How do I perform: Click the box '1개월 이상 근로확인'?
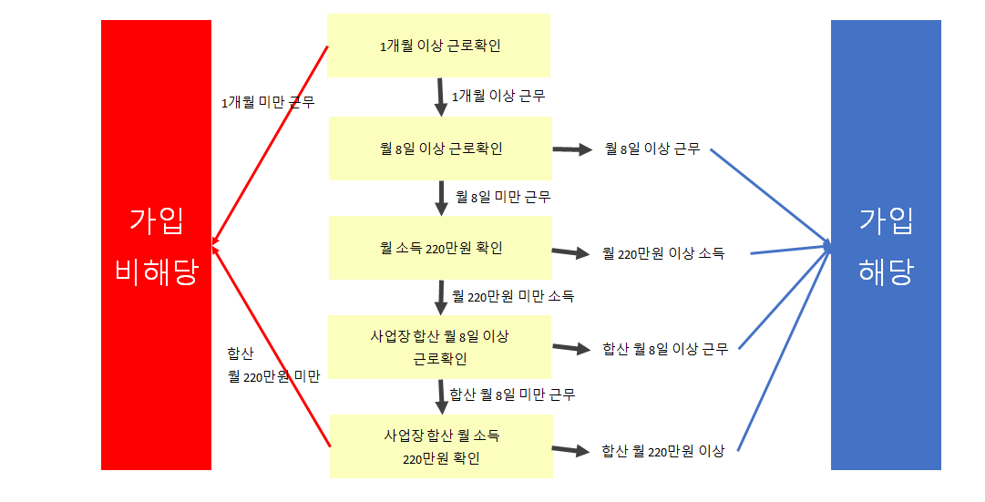coord(438,46)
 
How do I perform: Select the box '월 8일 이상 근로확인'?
coord(440,149)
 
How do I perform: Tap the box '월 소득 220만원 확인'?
coord(440,248)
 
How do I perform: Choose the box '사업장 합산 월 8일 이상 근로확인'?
coord(440,347)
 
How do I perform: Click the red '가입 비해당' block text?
coord(156,246)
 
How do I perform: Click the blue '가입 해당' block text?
coord(886,246)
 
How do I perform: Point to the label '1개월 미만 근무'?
coord(268,103)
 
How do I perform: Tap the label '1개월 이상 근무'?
coord(498,95)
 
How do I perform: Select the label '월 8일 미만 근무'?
coord(503,196)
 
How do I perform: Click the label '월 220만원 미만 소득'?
coord(514,296)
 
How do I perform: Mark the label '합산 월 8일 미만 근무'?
coord(513,394)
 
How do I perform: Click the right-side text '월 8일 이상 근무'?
coord(652,149)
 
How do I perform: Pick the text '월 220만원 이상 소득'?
coord(663,254)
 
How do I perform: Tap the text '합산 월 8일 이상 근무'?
coord(665,349)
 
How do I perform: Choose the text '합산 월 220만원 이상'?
coord(663,451)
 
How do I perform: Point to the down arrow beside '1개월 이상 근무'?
coord(440,97)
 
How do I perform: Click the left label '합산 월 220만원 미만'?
coord(273,365)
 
